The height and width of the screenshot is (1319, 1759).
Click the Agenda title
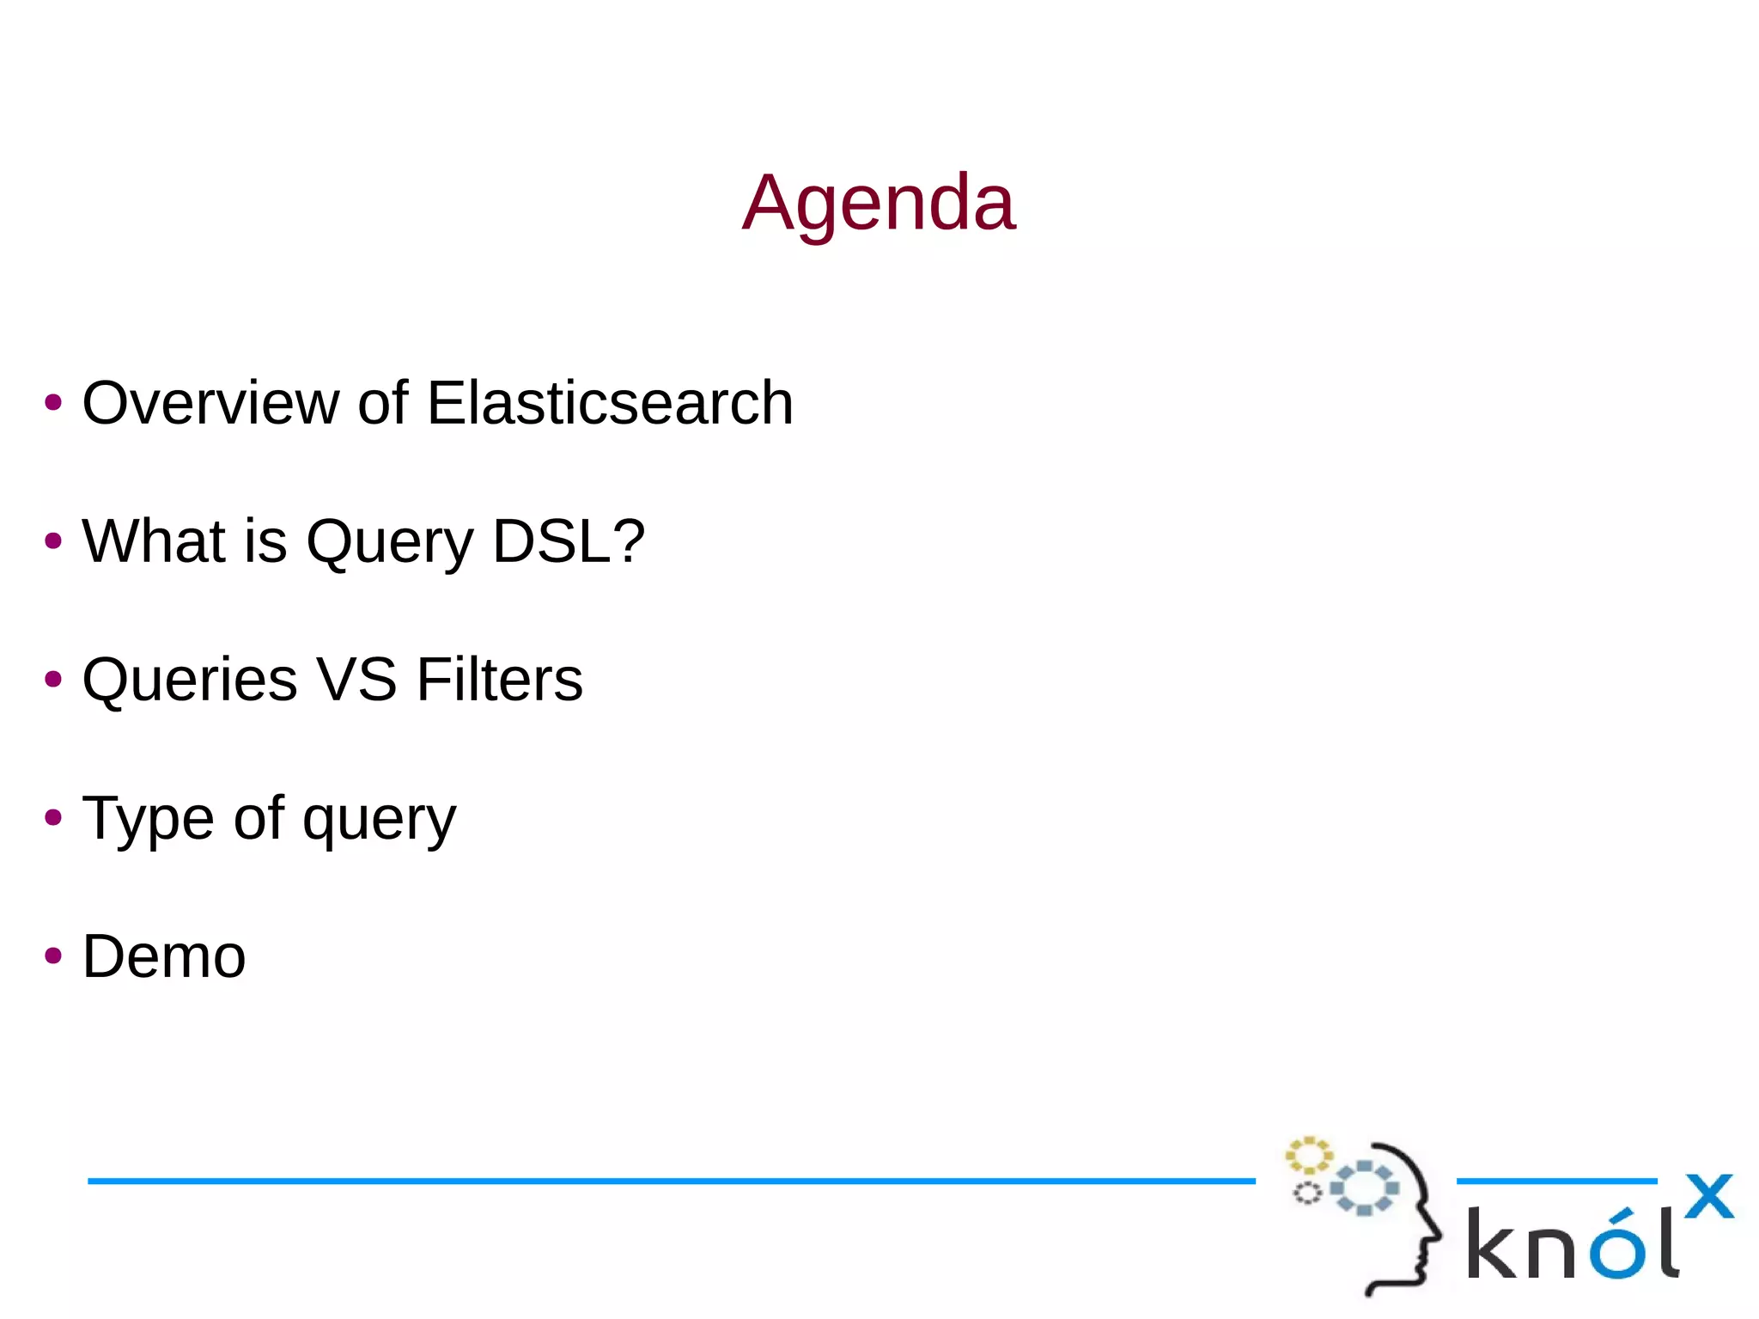tap(879, 203)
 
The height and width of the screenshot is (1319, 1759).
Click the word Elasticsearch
tap(610, 402)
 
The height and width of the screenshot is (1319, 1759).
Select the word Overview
tap(210, 402)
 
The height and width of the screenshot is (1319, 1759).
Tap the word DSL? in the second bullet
tap(569, 541)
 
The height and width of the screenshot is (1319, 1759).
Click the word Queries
tap(190, 681)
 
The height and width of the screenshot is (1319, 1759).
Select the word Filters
tap(499, 679)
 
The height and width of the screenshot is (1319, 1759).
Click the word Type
tap(148, 819)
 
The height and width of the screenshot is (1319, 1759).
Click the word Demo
tap(164, 956)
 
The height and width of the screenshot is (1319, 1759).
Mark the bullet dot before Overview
tap(53, 402)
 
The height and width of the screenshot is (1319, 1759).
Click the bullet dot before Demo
tap(53, 956)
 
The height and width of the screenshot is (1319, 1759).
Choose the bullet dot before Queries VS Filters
tap(53, 679)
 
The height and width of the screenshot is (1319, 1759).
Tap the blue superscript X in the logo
tap(1709, 1196)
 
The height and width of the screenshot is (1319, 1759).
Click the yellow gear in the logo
tap(1308, 1156)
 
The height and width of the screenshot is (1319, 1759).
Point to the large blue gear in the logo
tap(1365, 1188)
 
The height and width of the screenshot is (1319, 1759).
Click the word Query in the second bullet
tap(389, 543)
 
